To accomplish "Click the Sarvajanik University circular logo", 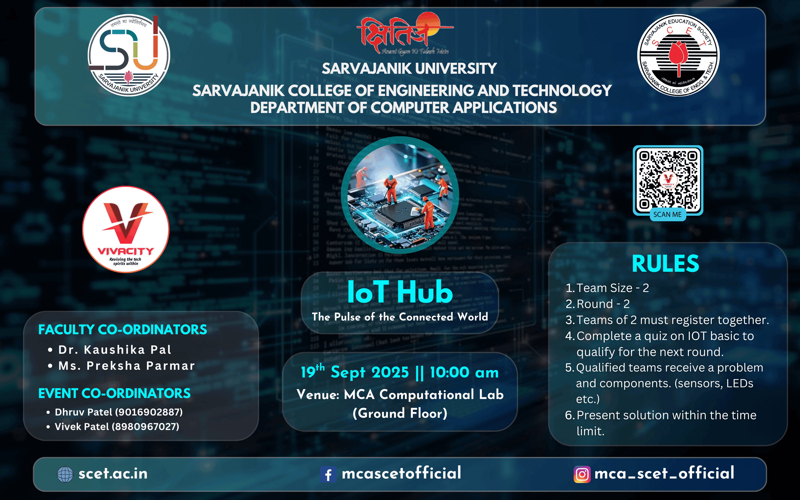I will [x=129, y=55].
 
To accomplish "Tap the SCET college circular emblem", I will [x=678, y=55].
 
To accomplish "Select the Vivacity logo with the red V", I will [x=125, y=229].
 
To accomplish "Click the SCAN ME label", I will [x=667, y=214].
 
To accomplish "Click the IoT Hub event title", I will [x=400, y=292].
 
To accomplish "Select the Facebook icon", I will [x=328, y=474].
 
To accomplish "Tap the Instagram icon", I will [x=582, y=474].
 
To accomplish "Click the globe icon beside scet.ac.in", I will [x=65, y=474].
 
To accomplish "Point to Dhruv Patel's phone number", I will [x=149, y=412].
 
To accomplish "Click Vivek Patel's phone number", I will [x=145, y=426].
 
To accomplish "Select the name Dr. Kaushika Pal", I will [x=115, y=349].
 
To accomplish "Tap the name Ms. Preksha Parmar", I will [x=126, y=366].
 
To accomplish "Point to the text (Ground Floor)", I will [x=400, y=413].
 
